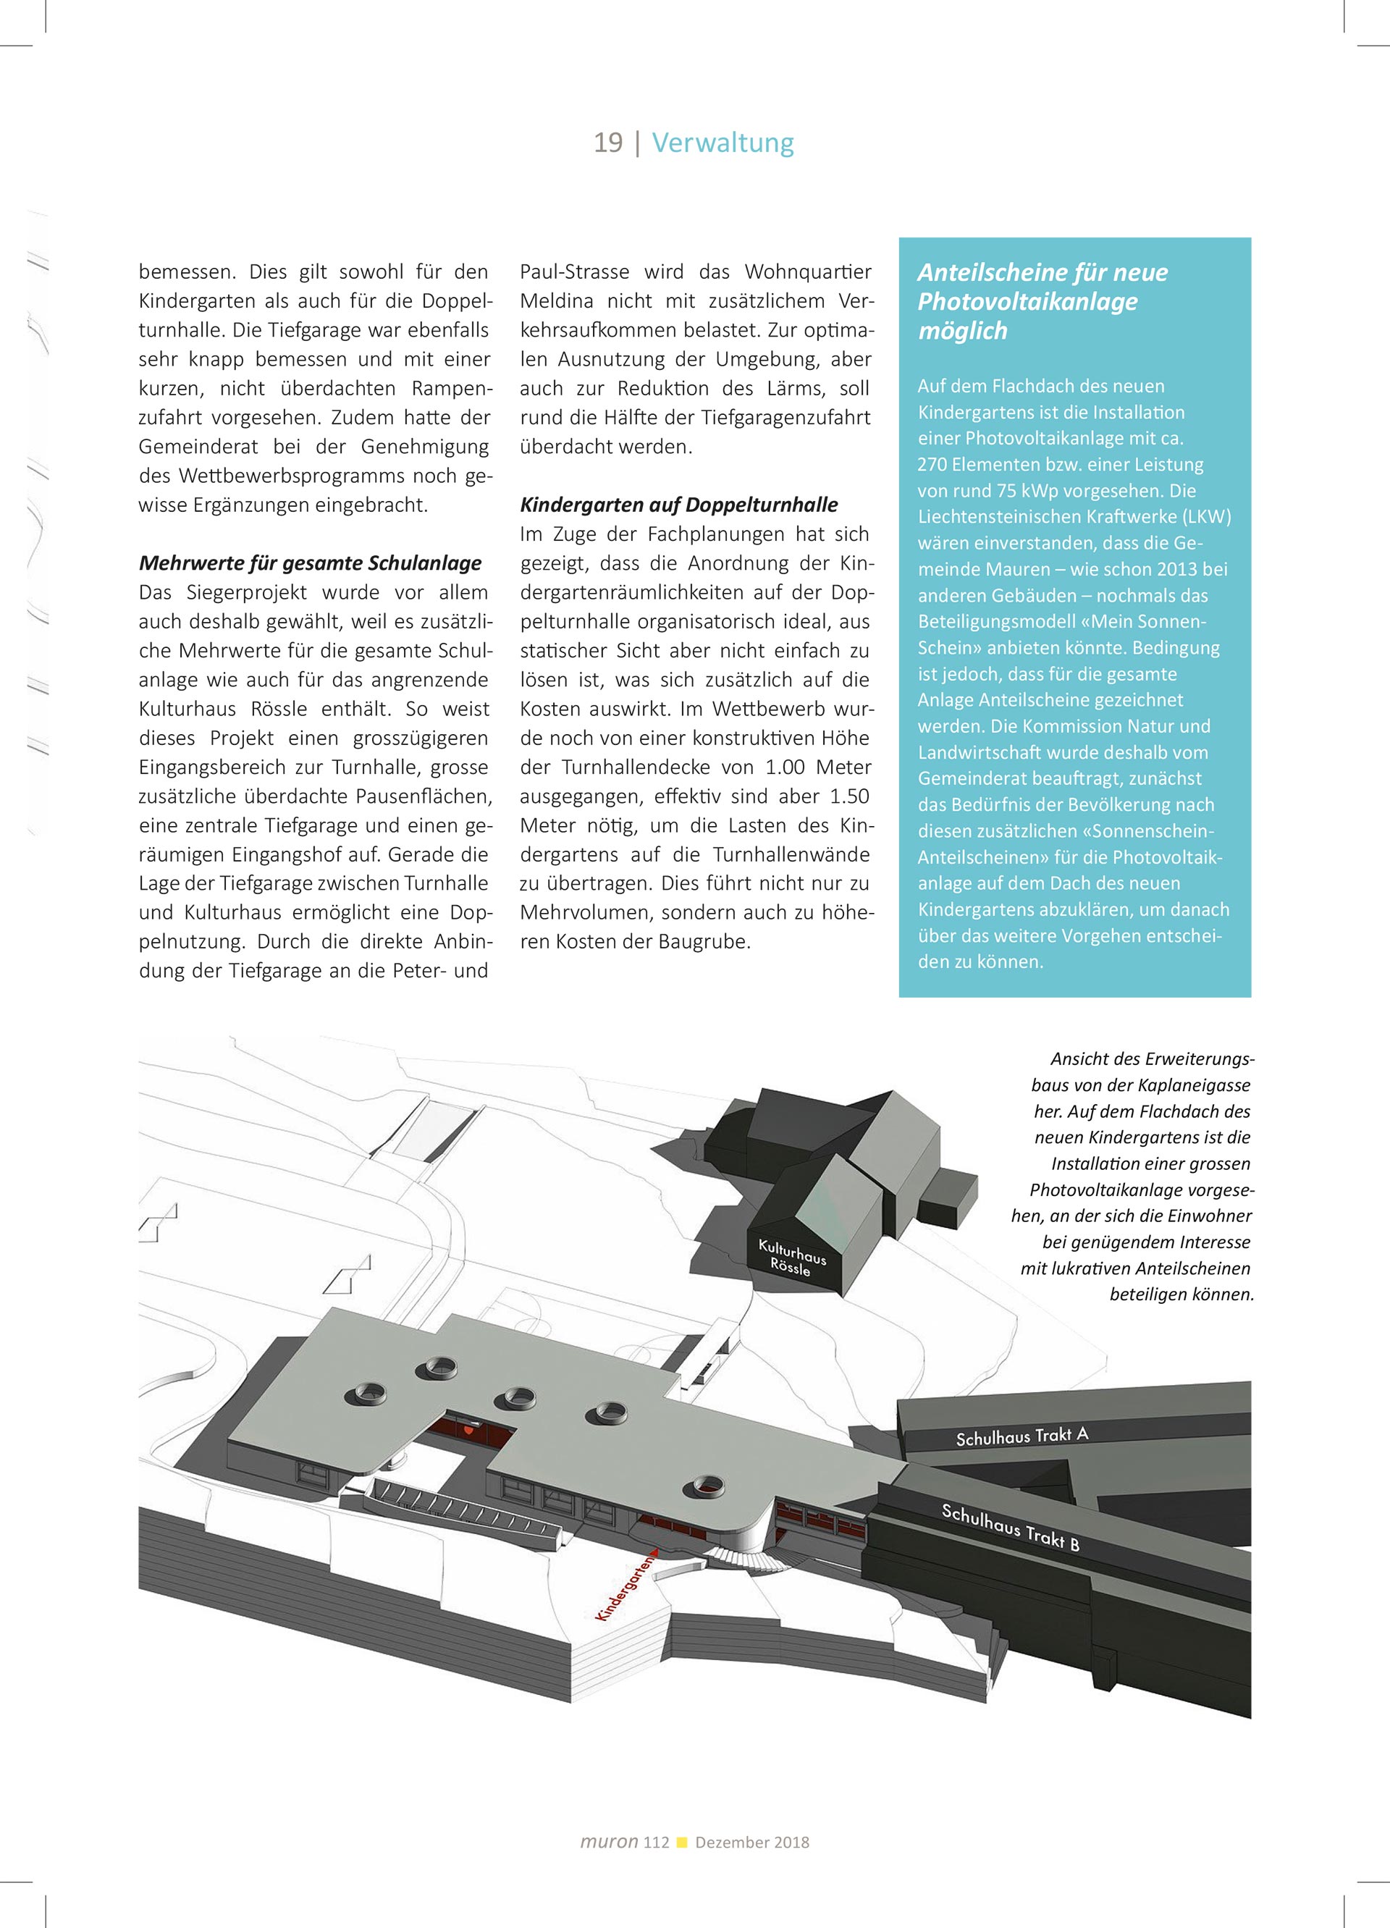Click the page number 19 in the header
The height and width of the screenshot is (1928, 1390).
tap(608, 142)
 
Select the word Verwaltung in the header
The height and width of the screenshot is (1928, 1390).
tap(723, 142)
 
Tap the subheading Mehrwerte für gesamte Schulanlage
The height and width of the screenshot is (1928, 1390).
tap(311, 563)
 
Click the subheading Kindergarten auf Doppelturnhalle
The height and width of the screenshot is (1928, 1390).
tap(678, 505)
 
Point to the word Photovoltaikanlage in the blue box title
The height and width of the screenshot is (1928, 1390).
tap(1027, 301)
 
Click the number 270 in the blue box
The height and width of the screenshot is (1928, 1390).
tap(936, 465)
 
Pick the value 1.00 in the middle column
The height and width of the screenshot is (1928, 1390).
tap(784, 767)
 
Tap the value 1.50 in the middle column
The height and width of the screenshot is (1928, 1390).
tap(849, 796)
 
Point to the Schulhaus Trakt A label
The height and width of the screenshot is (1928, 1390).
tap(1022, 1436)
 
